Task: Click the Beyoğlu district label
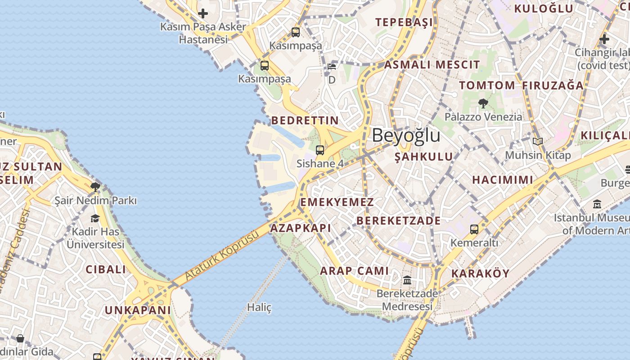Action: click(406, 135)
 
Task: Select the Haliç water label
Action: click(259, 307)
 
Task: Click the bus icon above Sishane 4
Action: click(319, 150)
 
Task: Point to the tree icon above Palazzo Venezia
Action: click(483, 103)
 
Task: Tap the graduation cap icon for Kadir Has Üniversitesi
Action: click(95, 219)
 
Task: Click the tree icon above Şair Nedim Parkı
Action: click(95, 187)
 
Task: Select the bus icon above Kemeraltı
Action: click(474, 229)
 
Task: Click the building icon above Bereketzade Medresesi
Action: click(407, 280)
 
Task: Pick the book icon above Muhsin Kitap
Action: click(538, 142)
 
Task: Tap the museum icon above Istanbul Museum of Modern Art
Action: click(597, 204)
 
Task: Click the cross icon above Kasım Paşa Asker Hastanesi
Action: click(203, 13)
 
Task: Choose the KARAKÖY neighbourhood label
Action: click(480, 274)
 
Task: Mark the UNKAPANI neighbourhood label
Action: click(138, 310)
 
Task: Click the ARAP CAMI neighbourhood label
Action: click(354, 271)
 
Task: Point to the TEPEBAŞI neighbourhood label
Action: click(404, 22)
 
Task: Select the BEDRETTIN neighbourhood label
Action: click(305, 120)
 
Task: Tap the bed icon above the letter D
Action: click(332, 67)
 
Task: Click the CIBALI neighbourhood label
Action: click(106, 270)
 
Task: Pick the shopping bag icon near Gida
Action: click(20, 338)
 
